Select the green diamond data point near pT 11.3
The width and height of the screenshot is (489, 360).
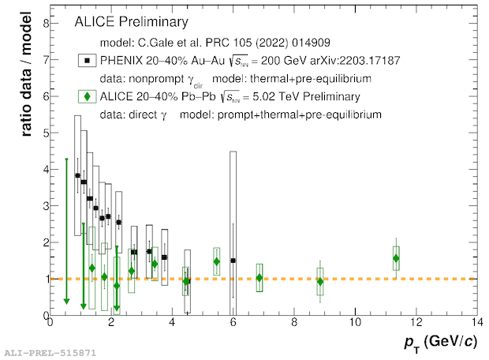point(396,258)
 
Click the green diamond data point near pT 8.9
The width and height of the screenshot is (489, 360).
point(320,281)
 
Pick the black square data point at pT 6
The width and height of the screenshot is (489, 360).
point(233,261)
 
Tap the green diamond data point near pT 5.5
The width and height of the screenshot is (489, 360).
point(217,261)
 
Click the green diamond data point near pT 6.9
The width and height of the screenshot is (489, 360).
point(259,277)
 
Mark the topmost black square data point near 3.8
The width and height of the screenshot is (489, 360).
point(77,175)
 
